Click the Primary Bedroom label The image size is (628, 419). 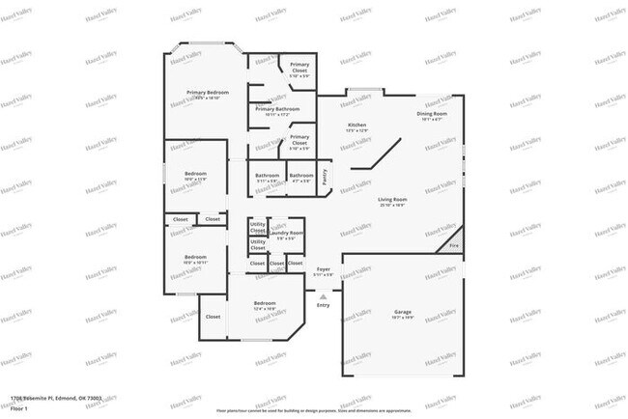[208, 93]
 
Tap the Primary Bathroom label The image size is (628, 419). [278, 109]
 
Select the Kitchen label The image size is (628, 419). [357, 126]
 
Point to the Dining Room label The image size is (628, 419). [432, 114]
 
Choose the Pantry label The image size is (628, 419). [325, 176]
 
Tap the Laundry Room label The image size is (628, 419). [287, 233]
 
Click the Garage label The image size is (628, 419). [403, 312]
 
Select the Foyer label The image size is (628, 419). [324, 269]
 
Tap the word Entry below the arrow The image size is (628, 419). [323, 305]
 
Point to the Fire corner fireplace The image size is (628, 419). [454, 245]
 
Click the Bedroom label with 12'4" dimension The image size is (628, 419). [265, 304]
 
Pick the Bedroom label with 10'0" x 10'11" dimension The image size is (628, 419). [195, 257]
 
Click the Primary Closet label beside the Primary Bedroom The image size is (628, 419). [300, 66]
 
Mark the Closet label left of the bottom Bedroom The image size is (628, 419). [213, 316]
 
